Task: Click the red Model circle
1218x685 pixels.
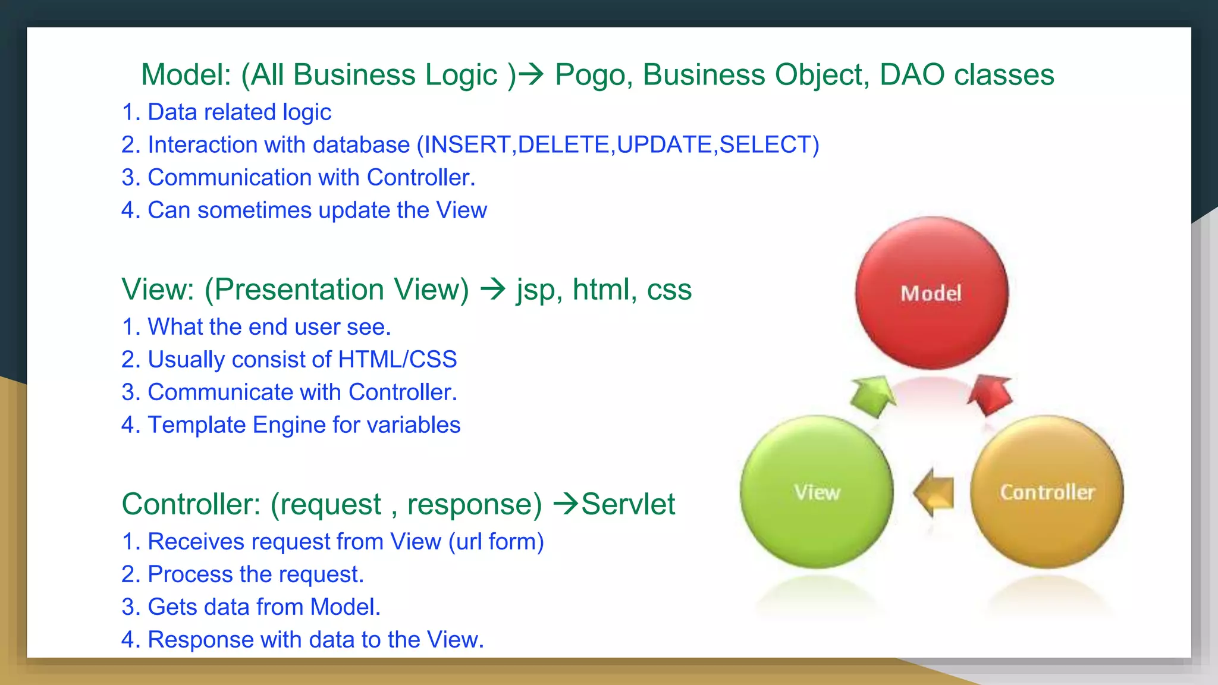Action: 931,293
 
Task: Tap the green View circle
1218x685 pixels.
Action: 817,492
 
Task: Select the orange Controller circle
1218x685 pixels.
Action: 1047,492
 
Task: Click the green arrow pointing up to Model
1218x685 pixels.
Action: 872,395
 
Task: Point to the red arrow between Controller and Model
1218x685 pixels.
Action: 990,394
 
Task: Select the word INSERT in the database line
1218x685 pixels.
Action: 467,144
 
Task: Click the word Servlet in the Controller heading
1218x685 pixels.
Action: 628,504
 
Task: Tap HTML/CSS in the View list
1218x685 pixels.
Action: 397,359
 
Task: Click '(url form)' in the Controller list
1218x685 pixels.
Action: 496,542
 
